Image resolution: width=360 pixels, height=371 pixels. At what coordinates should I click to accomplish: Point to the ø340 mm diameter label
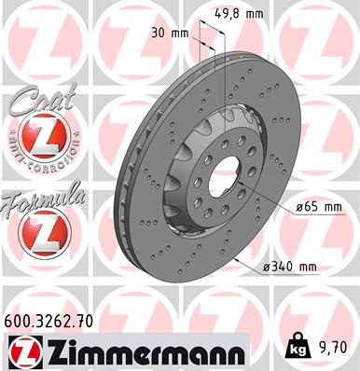[x=290, y=268]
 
